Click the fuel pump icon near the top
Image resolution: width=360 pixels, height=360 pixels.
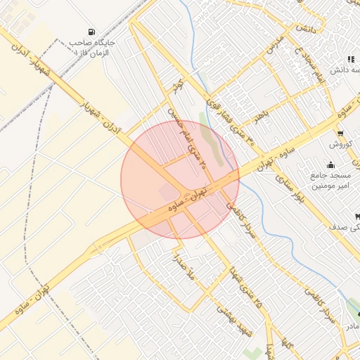click(91, 32)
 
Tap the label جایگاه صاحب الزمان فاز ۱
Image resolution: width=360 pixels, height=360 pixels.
click(98, 48)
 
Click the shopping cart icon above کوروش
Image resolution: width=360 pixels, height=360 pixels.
click(340, 134)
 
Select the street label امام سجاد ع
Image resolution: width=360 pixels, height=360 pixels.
click(309, 62)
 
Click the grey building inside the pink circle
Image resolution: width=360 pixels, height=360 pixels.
click(169, 191)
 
